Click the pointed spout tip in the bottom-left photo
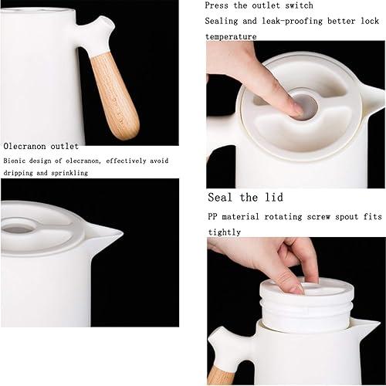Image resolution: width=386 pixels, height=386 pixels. click(122, 234)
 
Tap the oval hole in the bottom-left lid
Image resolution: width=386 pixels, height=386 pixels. click(18, 228)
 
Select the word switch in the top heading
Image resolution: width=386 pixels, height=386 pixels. click(299, 5)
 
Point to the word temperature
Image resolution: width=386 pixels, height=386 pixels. click(231, 36)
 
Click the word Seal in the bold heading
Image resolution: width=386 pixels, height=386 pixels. click(220, 198)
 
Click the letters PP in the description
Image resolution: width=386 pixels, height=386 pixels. click(212, 217)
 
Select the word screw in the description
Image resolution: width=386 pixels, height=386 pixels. click(318, 217)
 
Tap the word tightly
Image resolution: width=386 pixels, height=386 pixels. click(225, 232)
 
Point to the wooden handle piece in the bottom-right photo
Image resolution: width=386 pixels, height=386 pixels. click(222, 375)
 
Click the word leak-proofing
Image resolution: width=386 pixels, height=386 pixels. click(292, 21)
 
